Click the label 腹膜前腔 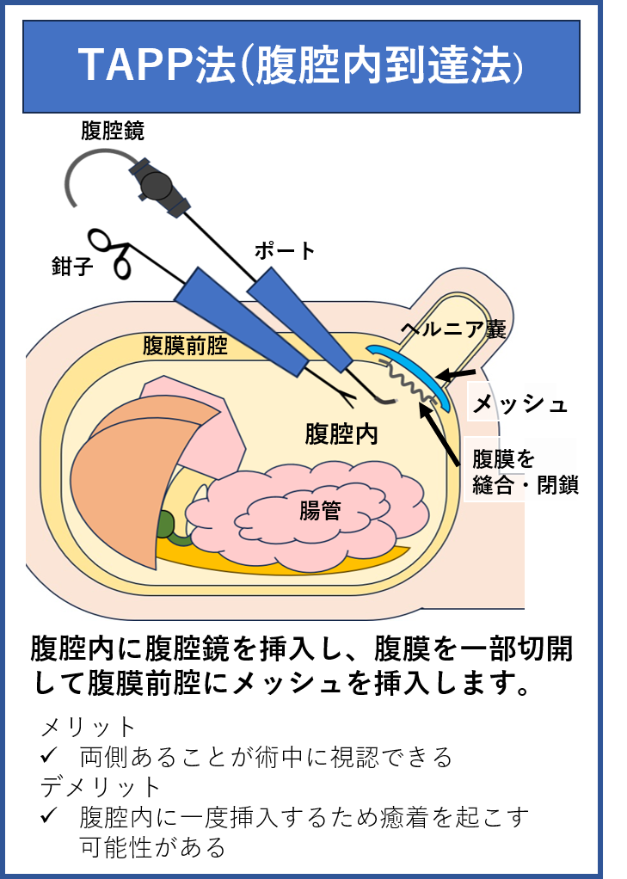click(185, 347)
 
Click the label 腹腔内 click(341, 434)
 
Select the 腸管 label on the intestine click(320, 511)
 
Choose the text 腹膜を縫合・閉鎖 click(521, 471)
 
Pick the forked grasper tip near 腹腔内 click(343, 396)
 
